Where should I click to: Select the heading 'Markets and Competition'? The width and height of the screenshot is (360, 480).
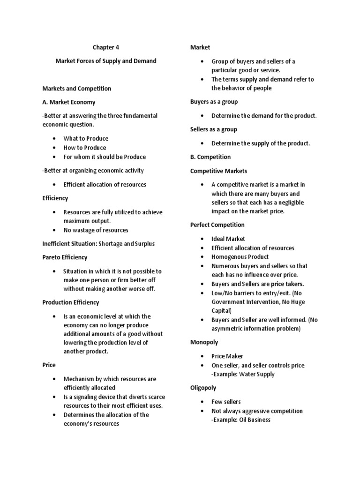coord(76,88)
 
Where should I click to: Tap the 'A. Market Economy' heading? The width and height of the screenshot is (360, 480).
coord(68,102)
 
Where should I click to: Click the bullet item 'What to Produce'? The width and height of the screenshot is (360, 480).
coord(86,138)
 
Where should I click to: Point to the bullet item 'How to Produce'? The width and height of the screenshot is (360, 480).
coord(85,148)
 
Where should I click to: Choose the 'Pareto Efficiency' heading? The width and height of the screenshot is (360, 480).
coord(65,257)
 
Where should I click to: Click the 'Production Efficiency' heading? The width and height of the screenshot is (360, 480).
coord(71,302)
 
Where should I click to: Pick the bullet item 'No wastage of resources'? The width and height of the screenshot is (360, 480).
coord(96,230)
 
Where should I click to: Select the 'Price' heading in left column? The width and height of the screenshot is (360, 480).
coord(49,365)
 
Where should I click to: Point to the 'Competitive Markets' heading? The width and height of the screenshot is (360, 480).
coord(218,171)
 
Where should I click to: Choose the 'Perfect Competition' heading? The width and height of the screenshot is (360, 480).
coord(217,225)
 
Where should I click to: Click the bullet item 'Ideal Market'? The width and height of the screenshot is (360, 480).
coord(228,239)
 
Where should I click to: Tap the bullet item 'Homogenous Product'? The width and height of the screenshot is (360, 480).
coord(240,257)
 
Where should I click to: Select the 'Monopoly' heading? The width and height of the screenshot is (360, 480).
coord(204,343)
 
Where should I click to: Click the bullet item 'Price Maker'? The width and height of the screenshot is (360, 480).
coord(227,356)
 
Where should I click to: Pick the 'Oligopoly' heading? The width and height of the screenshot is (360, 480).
coord(204,388)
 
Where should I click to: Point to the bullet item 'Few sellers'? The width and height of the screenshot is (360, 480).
coord(226,402)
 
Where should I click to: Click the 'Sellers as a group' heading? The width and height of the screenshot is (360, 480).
coord(214,129)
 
